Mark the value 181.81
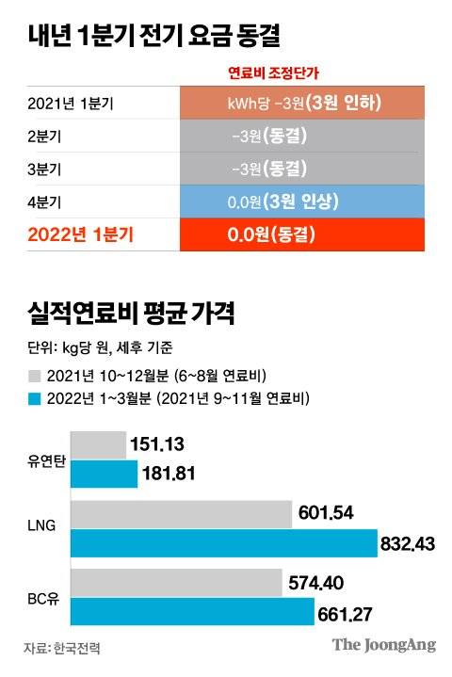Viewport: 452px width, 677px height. (x=168, y=473)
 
